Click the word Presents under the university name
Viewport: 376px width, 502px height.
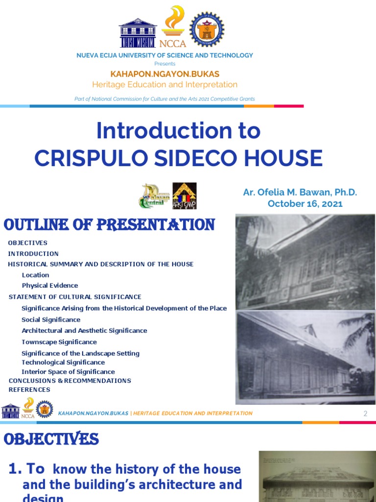coord(164,64)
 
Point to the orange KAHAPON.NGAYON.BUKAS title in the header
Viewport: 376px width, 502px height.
coord(164,74)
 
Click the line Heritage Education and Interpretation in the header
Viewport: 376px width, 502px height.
coord(164,84)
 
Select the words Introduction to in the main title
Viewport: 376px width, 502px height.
coord(178,131)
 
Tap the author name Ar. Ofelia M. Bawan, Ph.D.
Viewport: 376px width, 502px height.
coord(300,192)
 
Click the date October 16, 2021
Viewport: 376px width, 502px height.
coord(305,203)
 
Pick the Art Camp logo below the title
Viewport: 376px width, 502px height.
coord(184,196)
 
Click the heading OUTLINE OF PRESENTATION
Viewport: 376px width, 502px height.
coord(109,225)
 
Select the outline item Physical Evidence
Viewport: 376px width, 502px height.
coord(50,285)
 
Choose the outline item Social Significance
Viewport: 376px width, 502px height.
coord(51,320)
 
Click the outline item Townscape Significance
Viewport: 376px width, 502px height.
coord(59,342)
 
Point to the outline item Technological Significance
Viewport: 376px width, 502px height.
coord(63,362)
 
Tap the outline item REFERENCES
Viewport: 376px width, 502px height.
coord(29,389)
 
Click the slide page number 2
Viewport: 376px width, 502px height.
coord(365,414)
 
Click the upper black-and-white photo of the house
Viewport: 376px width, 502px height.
coord(305,262)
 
